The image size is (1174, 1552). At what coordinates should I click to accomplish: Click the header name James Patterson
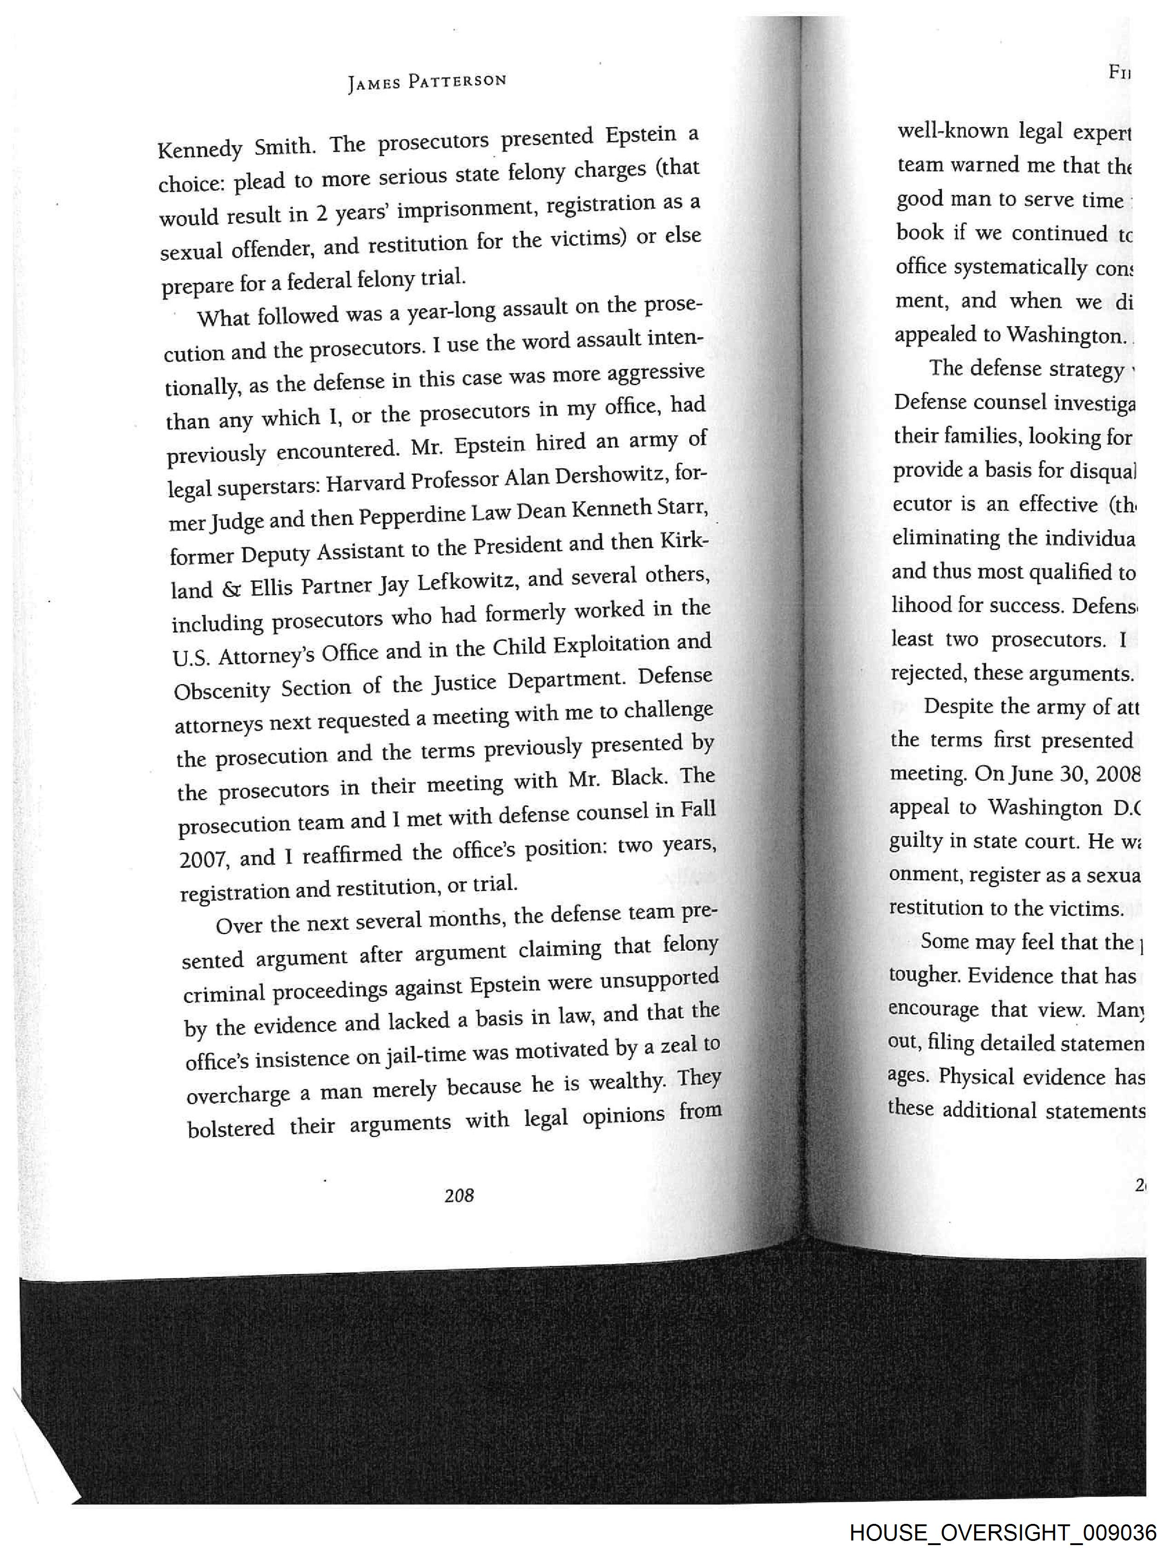(426, 82)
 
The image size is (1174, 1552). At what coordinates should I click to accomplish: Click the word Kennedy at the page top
(200, 149)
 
